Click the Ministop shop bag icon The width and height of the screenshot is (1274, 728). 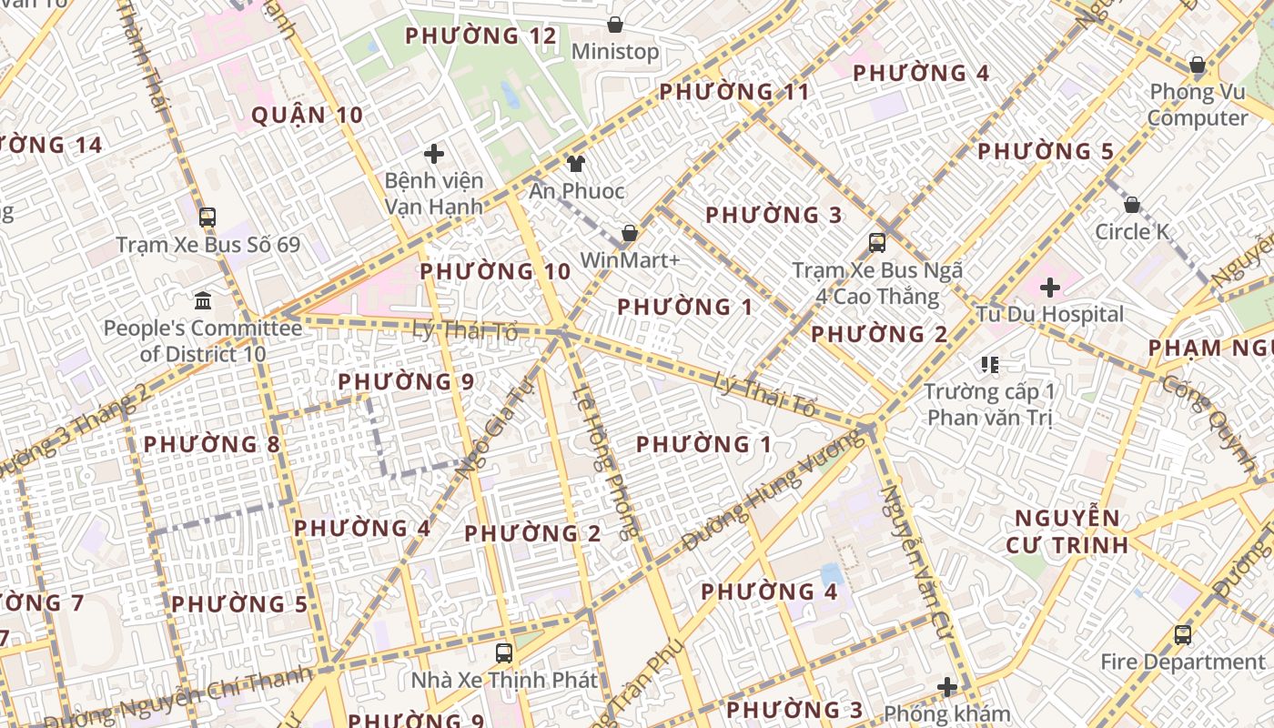615,25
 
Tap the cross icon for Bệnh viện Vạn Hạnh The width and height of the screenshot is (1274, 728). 434,154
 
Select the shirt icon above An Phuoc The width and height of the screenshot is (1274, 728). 575,164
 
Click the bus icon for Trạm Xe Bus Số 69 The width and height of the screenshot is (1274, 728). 207,217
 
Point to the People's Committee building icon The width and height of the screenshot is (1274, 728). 203,300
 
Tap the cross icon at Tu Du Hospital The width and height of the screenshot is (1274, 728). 1050,288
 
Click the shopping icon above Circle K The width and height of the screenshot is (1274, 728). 1132,205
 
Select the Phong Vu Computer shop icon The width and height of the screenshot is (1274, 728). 1198,65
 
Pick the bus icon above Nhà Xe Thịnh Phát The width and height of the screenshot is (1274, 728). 503,652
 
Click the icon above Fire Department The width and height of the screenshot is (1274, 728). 1182,634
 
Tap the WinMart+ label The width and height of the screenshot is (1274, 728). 630,260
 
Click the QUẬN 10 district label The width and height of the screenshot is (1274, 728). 307,116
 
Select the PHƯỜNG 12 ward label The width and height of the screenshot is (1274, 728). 480,36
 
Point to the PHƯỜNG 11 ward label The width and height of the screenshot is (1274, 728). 733,92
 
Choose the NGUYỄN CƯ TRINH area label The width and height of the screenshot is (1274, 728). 1067,532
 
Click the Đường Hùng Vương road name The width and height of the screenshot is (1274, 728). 773,492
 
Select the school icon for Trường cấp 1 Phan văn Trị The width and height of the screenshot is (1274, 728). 990,365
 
